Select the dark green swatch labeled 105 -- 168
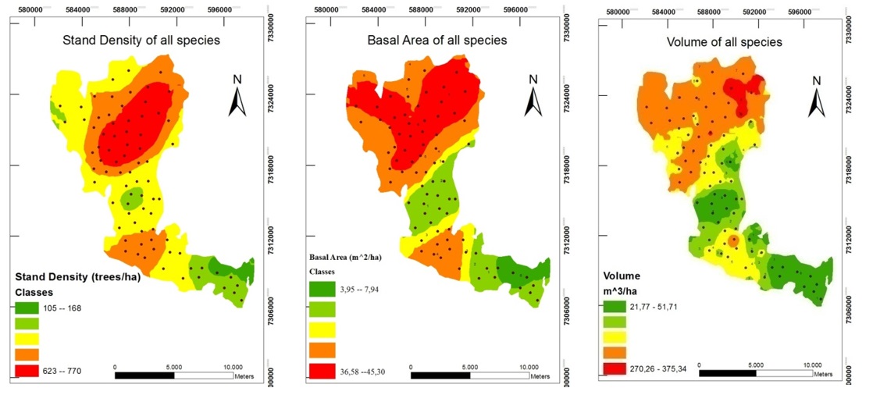[29, 308]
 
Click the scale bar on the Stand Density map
[173, 375]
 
